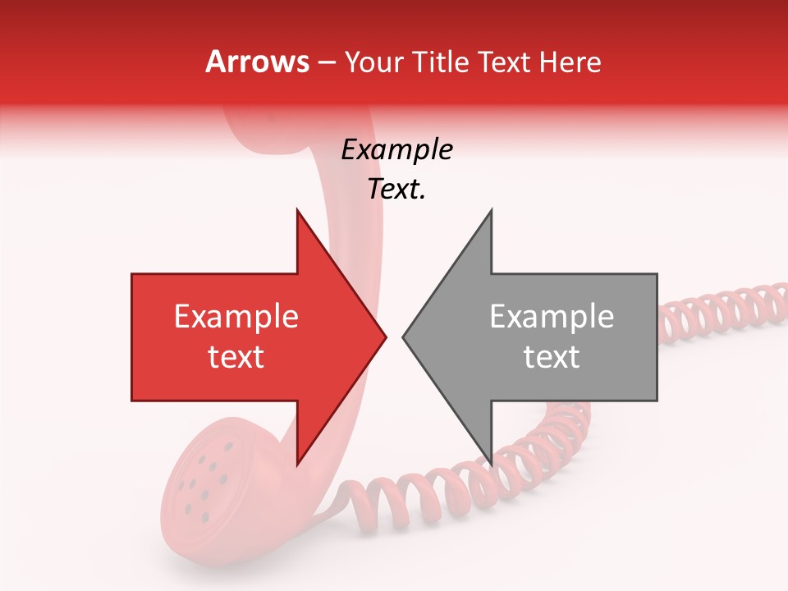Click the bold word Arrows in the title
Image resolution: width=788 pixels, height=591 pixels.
click(x=258, y=62)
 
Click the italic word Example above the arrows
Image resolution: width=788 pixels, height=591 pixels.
click(x=396, y=150)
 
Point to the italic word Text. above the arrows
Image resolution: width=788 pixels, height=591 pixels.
click(x=396, y=189)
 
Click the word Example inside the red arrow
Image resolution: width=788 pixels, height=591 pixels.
click(x=236, y=317)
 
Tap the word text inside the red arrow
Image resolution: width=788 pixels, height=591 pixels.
click(x=236, y=357)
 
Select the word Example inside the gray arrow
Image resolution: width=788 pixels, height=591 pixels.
click(x=552, y=317)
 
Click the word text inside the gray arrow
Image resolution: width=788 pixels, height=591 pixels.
click(x=552, y=357)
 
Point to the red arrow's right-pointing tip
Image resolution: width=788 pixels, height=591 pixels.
click(x=386, y=337)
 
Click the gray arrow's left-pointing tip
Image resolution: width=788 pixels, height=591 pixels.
click(x=403, y=337)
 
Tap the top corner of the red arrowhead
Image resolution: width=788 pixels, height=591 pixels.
click(x=297, y=210)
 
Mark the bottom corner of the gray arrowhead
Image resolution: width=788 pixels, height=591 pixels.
click(x=491, y=464)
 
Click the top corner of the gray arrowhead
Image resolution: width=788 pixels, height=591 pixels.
click(x=491, y=210)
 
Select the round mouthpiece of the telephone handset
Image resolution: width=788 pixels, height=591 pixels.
click(x=205, y=484)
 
